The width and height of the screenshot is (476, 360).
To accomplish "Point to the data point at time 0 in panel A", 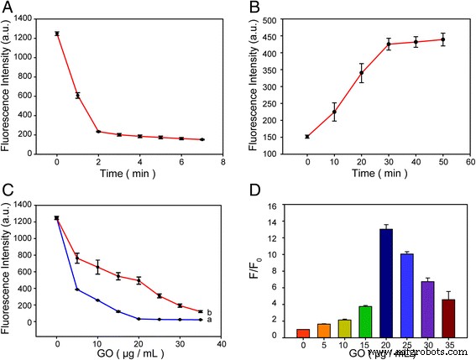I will click(56, 34).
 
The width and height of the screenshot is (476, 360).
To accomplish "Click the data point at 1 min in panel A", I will click(77, 96).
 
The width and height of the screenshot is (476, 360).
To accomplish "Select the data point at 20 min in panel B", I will click(337, 73).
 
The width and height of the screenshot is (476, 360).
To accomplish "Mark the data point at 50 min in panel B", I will click(442, 39).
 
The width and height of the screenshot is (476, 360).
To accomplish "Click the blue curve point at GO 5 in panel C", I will click(77, 290).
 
